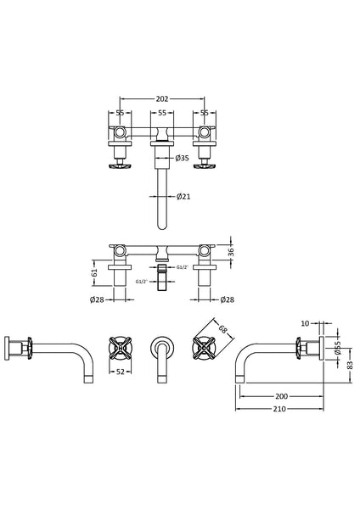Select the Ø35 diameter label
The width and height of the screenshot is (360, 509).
(183, 158)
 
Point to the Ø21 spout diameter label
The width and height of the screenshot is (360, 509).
(183, 197)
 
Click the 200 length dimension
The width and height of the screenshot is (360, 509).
(279, 395)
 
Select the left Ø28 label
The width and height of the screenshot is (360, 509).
(98, 299)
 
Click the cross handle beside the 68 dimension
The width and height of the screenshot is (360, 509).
(204, 348)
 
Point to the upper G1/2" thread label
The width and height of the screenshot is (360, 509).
(181, 268)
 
